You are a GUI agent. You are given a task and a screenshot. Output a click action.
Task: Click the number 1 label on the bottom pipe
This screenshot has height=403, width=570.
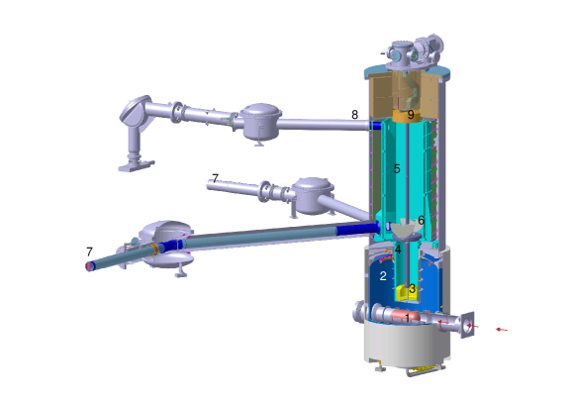tap(406, 316)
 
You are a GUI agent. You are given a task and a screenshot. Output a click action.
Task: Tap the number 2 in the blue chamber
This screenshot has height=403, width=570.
tap(383, 276)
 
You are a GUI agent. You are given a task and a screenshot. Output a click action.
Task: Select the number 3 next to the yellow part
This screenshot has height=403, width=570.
tap(412, 289)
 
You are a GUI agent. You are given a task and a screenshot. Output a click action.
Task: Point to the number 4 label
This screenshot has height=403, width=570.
tap(398, 249)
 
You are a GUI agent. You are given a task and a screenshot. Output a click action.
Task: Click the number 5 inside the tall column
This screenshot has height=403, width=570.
tap(397, 169)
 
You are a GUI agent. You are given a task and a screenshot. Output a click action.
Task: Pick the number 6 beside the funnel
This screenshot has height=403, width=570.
tap(421, 221)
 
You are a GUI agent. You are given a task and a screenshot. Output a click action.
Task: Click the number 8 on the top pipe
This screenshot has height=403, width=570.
tap(354, 115)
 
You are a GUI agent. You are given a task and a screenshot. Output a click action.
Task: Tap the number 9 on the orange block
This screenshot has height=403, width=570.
tap(411, 115)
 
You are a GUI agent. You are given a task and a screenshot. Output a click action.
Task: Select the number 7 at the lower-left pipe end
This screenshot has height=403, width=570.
tap(89, 252)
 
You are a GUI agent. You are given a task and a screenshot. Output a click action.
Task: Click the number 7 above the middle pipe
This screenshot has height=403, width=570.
tap(215, 179)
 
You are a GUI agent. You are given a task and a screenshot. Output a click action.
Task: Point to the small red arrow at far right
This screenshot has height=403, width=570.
tap(502, 330)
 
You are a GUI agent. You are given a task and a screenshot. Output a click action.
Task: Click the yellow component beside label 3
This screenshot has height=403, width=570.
tap(402, 293)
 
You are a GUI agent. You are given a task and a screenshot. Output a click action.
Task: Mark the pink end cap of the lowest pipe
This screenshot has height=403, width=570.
tap(90, 265)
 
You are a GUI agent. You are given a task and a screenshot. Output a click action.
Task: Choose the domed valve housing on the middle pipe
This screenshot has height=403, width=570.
tap(314, 194)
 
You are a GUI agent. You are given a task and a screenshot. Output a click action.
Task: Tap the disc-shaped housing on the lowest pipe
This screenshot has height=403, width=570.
tap(163, 244)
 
